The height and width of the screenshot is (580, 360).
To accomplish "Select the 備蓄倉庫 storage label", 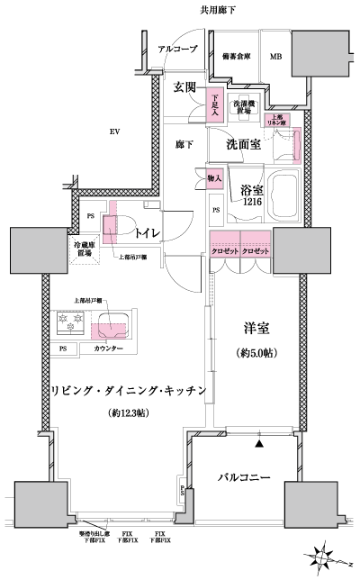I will [235, 57].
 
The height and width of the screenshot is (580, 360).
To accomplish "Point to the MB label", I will [275, 57].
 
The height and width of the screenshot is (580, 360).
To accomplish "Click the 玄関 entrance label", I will [186, 88].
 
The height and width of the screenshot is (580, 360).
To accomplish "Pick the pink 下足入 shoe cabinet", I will [214, 103].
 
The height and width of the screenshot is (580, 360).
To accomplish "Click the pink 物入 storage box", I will [214, 178].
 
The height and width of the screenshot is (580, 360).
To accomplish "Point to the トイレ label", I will [148, 234].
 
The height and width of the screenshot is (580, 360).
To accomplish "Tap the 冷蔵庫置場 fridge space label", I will [84, 249].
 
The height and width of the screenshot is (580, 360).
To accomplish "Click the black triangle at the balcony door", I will [259, 442].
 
